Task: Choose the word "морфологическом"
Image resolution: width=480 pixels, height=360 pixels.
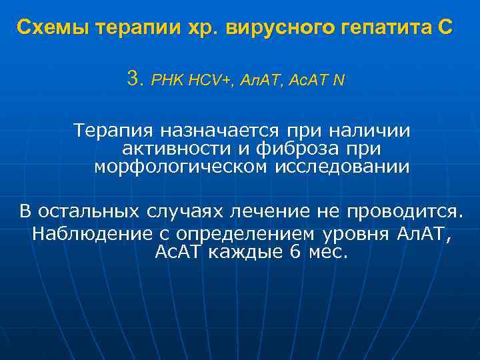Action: point(182,167)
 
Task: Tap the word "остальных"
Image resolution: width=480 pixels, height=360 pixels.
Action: point(87,212)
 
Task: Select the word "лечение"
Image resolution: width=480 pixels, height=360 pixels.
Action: point(265,212)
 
